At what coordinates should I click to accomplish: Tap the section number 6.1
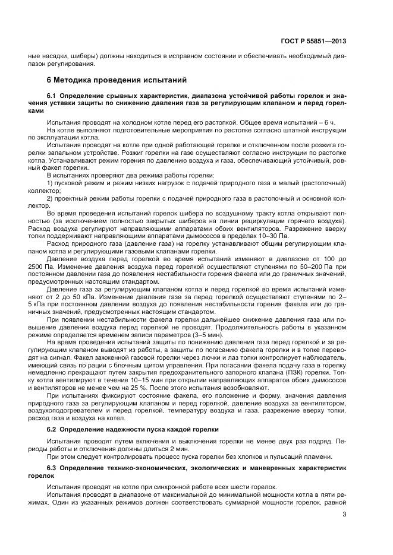[x=52, y=96]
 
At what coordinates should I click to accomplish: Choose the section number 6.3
[x=52, y=468]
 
